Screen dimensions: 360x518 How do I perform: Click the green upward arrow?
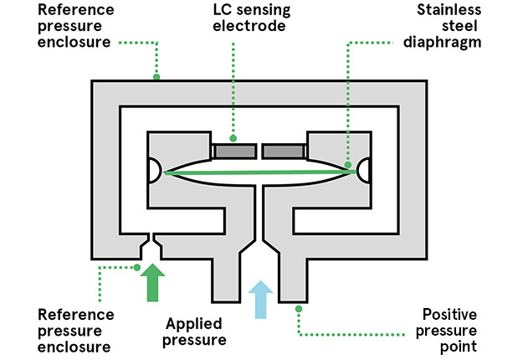pyautogui.click(x=152, y=282)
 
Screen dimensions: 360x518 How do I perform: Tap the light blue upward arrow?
pyautogui.click(x=260, y=299)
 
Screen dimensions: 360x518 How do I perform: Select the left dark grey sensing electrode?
pyautogui.click(x=233, y=151)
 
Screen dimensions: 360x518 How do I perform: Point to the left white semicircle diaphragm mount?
pyautogui.click(x=155, y=170)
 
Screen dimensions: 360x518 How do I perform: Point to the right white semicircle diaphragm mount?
pyautogui.click(x=362, y=170)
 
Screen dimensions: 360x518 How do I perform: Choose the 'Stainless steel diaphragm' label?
pyautogui.click(x=452, y=26)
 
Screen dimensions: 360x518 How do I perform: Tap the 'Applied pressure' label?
pyautogui.click(x=196, y=332)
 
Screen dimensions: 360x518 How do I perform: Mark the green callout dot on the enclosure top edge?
pyautogui.click(x=156, y=77)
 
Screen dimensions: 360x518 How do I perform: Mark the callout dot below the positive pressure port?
pyautogui.click(x=296, y=309)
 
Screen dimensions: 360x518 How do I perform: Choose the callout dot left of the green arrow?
pyautogui.click(x=137, y=268)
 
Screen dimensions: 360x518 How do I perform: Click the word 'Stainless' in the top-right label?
pyautogui.click(x=452, y=10)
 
